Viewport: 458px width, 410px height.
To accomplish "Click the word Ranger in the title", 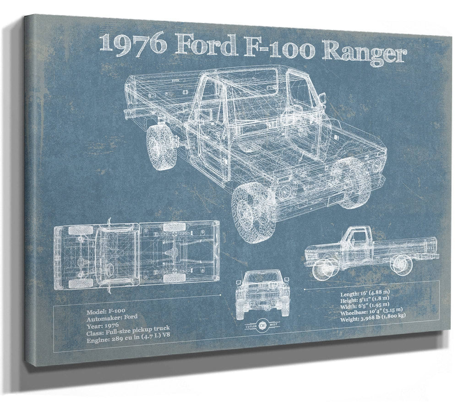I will click(364, 52).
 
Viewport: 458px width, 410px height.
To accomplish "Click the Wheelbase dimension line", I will click(371, 310).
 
